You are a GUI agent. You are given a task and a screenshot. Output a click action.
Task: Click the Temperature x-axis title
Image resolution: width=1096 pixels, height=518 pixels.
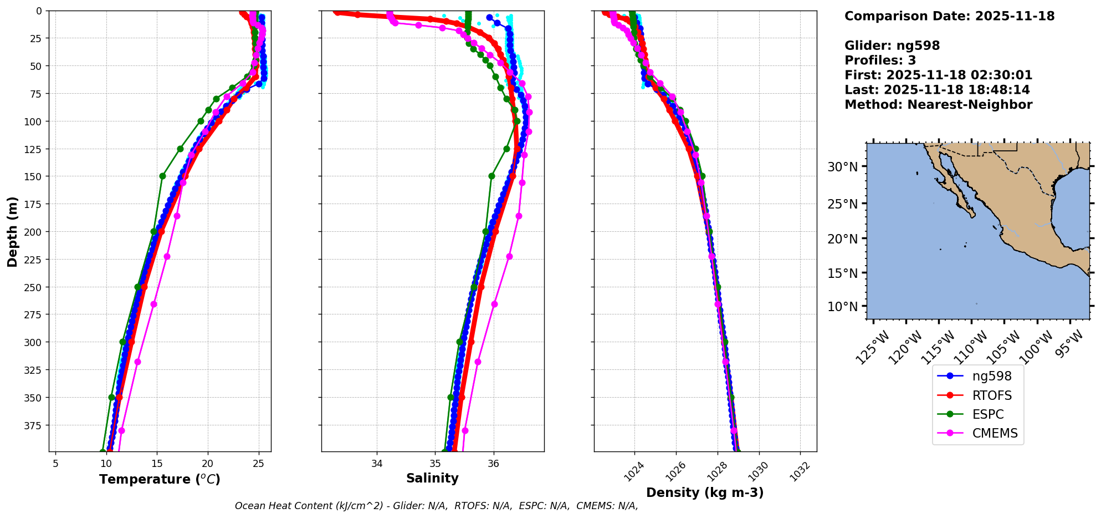point(160,479)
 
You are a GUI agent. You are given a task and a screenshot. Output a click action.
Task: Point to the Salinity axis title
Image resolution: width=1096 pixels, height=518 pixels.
point(432,478)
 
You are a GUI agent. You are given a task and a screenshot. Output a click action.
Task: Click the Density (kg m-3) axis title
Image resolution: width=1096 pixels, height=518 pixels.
point(705,492)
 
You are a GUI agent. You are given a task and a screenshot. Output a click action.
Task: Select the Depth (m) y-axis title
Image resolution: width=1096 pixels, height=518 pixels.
point(12,231)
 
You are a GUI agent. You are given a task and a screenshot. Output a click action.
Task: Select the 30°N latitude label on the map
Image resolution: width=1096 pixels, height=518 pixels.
point(842,167)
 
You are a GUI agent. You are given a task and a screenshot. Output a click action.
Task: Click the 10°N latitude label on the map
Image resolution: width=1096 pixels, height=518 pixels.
point(842,307)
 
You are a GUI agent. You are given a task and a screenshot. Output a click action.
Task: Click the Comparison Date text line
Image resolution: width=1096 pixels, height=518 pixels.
point(949,16)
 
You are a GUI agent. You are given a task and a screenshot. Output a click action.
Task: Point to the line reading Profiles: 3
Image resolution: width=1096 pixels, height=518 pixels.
point(880,60)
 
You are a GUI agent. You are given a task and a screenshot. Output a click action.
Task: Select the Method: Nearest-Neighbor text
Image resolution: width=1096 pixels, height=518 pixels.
point(938,105)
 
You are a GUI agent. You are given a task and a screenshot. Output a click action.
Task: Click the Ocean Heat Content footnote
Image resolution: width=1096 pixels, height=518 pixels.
point(436,506)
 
